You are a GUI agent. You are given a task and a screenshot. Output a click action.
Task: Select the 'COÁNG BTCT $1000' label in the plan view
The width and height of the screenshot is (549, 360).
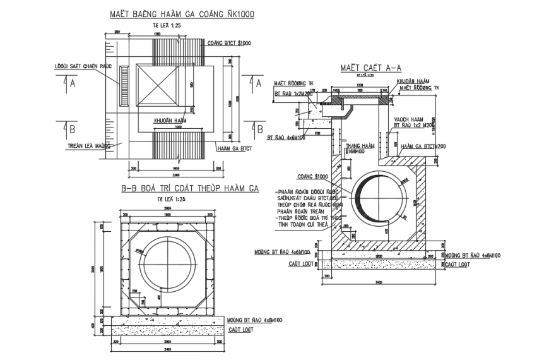pyautogui.click(x=229, y=43)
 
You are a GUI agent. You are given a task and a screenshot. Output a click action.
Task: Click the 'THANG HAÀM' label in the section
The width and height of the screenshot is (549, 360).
pyautogui.click(x=359, y=145)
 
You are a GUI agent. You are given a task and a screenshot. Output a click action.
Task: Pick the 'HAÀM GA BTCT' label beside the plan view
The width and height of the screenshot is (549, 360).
pyautogui.click(x=234, y=148)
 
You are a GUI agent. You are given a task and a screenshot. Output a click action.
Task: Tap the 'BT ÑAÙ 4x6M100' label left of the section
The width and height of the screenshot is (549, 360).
pyautogui.click(x=285, y=136)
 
